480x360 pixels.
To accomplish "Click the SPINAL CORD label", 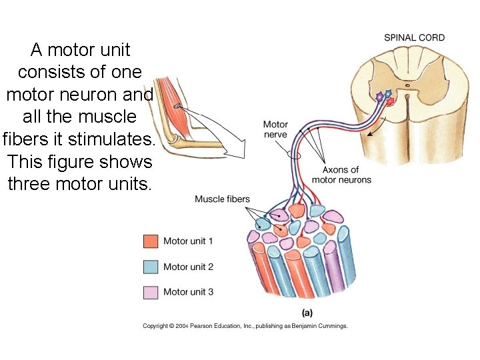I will click(414, 37).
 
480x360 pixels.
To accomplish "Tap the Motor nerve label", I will click(275, 129).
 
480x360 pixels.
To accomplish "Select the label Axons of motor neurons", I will click(341, 175).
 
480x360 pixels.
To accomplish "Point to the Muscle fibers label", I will click(222, 199).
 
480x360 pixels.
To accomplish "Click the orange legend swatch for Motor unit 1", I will click(151, 241).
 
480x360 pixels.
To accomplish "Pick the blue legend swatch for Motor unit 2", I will click(151, 267).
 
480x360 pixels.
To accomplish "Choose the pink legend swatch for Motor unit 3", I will click(151, 292).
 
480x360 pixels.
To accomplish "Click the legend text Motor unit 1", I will click(188, 241).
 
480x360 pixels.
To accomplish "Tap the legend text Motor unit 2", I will click(188, 267).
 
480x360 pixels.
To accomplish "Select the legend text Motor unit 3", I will click(188, 292).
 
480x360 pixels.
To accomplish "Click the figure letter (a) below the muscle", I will click(307, 312).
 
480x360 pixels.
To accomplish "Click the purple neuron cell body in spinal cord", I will click(380, 97).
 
